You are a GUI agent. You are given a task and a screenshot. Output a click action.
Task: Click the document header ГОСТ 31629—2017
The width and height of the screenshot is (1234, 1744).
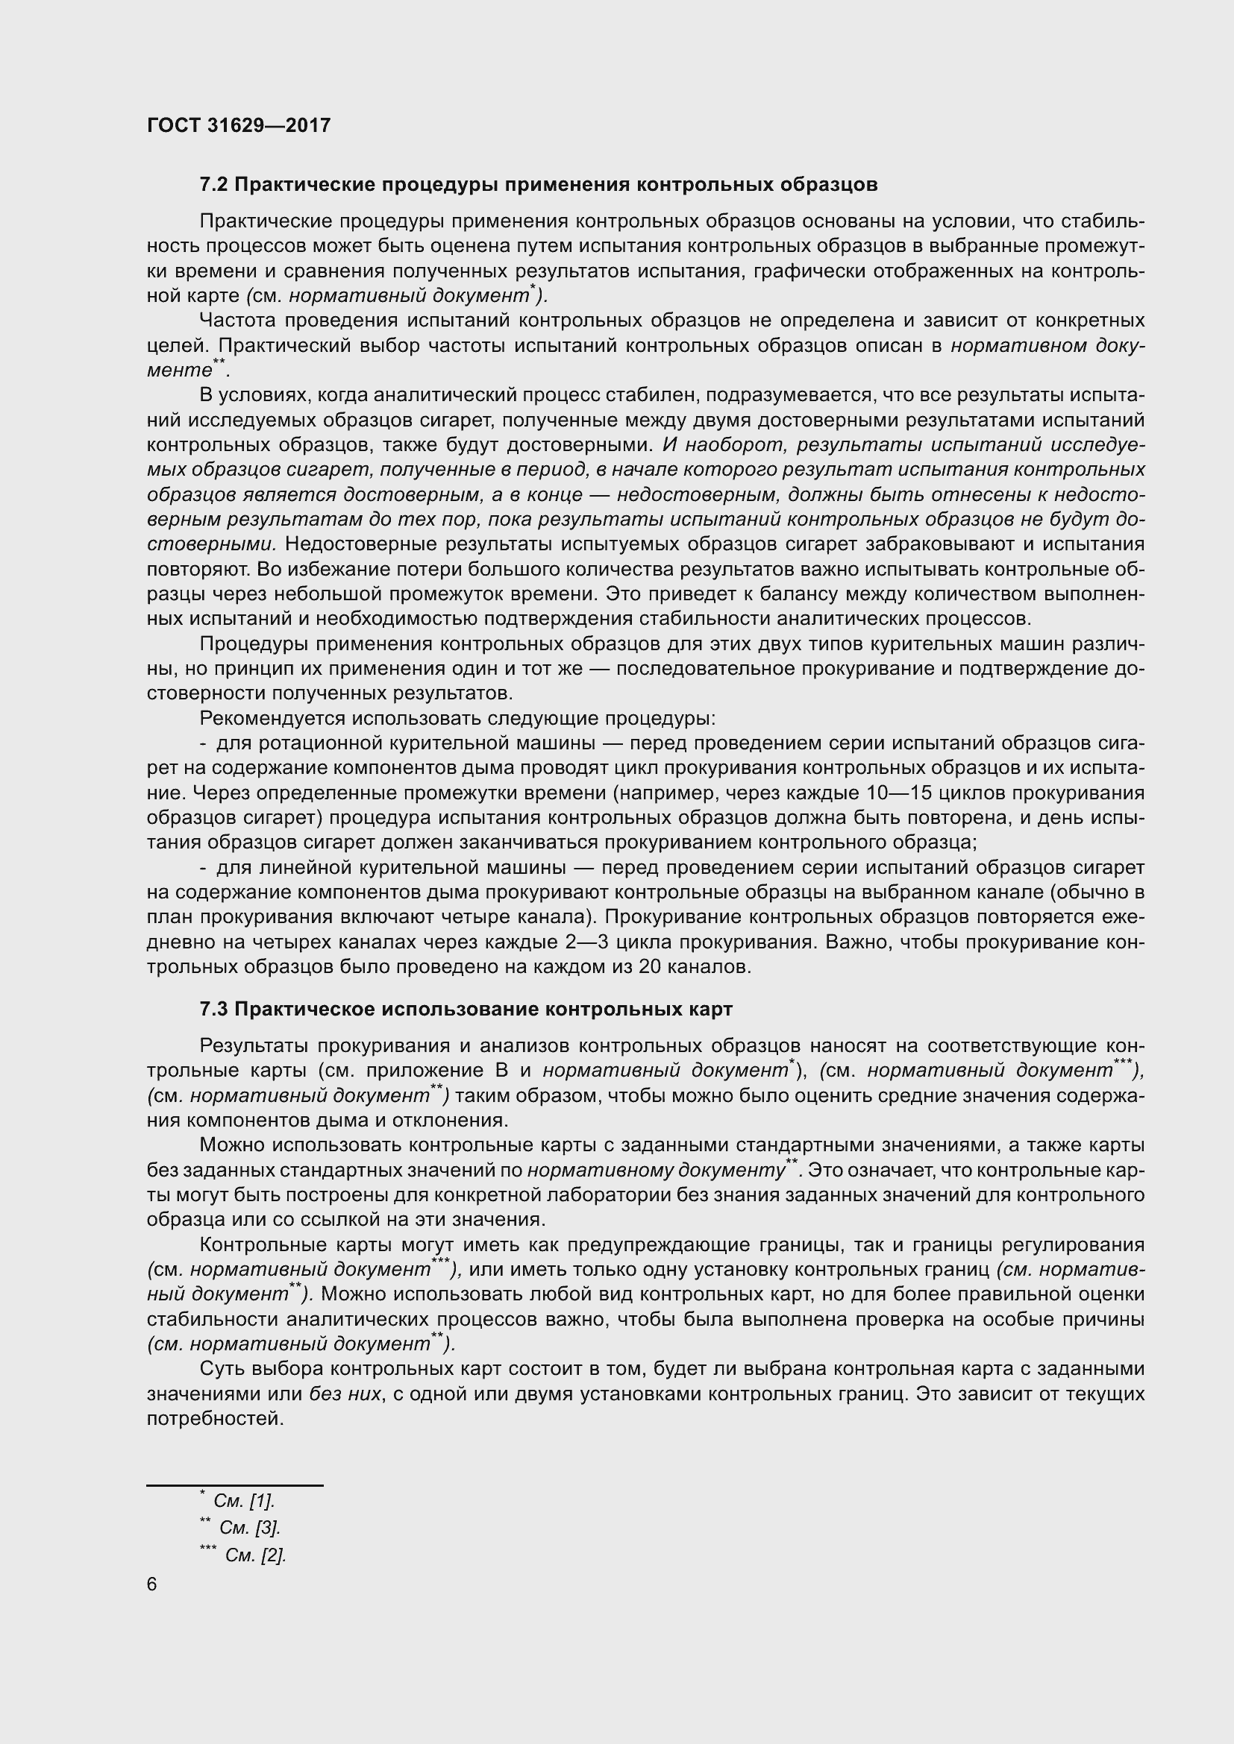239,125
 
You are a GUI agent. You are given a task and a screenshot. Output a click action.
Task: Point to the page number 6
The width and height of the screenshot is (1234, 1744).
152,1584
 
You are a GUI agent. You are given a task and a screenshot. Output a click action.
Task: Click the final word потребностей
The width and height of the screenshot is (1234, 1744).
214,1419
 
